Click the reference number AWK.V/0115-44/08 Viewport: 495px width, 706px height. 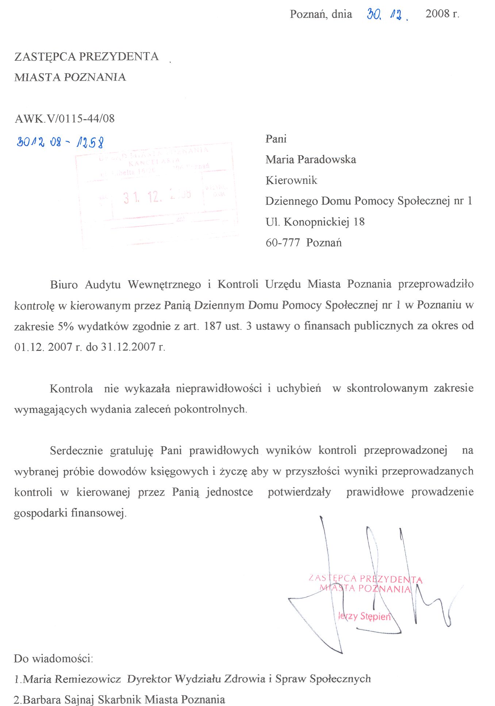click(x=65, y=118)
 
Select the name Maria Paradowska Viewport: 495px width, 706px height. click(x=311, y=159)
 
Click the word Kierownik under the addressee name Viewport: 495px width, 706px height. click(x=291, y=180)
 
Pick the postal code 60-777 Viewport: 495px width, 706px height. click(x=283, y=243)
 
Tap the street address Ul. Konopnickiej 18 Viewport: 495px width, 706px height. click(x=315, y=222)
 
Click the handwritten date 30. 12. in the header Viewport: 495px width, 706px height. click(x=387, y=15)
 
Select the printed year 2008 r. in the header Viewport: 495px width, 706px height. click(x=442, y=14)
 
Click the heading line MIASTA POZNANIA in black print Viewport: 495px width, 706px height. click(x=70, y=77)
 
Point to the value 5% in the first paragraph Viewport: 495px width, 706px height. click(x=66, y=326)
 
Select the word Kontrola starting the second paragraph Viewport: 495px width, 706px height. click(x=71, y=388)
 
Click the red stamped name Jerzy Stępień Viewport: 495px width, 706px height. click(x=364, y=616)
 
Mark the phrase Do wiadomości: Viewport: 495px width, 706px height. click(x=53, y=658)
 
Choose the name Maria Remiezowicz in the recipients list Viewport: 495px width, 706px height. click(x=72, y=679)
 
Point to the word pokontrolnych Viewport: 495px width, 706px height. click(x=210, y=409)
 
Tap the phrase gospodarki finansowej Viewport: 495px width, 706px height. click(x=70, y=513)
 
